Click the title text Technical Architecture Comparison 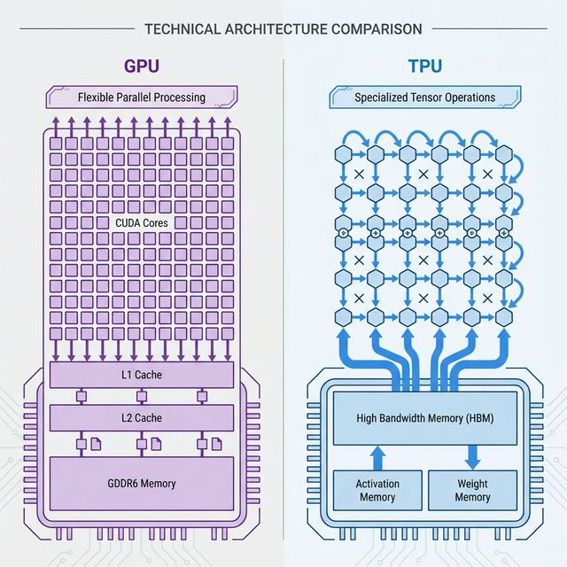(x=283, y=28)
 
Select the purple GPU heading (x=142, y=66)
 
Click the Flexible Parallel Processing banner (x=142, y=97)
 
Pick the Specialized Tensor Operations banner (x=424, y=97)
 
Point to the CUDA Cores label (x=142, y=223)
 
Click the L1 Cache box (x=142, y=375)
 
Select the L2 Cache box (x=142, y=417)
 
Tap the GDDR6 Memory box (x=142, y=483)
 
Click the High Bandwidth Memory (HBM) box (x=425, y=417)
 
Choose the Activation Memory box (x=377, y=491)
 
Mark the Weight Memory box (x=472, y=491)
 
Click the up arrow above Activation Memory (x=377, y=457)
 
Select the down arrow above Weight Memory (x=472, y=457)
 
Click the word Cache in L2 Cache (x=150, y=417)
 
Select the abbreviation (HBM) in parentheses (x=477, y=417)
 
